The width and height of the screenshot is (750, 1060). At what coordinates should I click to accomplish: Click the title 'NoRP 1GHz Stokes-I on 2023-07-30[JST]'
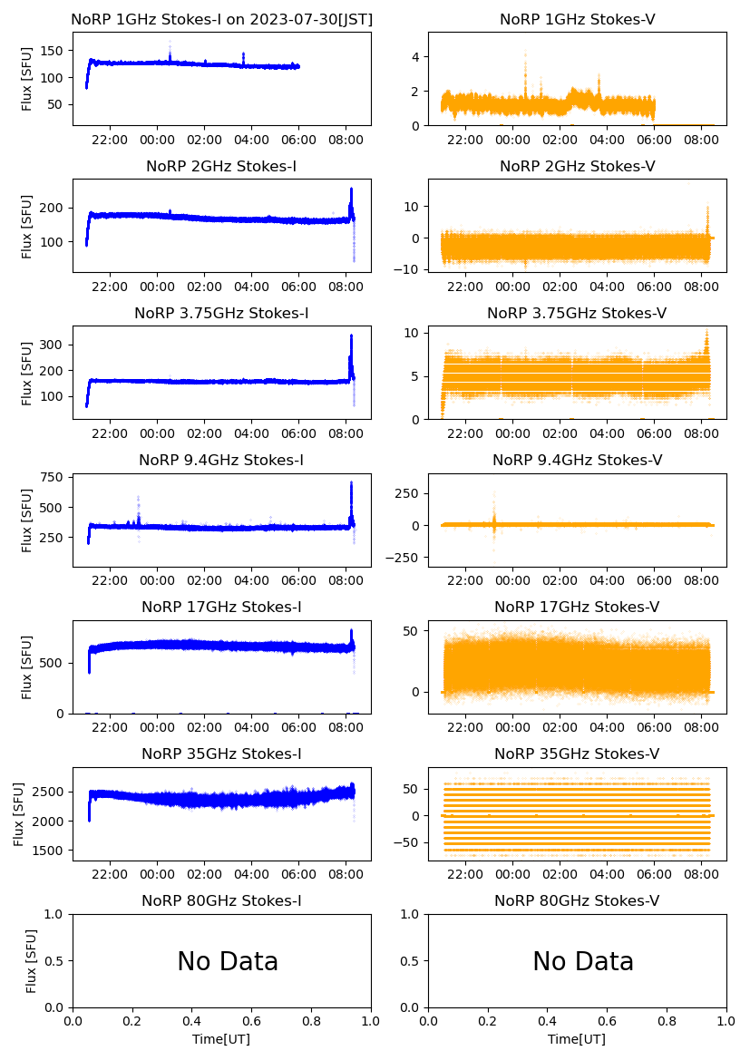pyautogui.click(x=221, y=19)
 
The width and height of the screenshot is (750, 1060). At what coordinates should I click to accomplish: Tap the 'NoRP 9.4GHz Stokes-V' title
pyautogui.click(x=577, y=461)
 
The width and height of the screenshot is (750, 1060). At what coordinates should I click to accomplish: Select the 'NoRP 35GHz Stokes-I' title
pyautogui.click(x=221, y=754)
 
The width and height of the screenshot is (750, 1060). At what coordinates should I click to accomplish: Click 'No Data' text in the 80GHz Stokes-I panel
pyautogui.click(x=228, y=962)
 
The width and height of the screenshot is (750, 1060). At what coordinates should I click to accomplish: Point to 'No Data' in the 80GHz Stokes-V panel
pyautogui.click(x=583, y=962)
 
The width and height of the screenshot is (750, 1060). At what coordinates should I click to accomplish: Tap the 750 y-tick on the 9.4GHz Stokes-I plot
pyautogui.click(x=54, y=477)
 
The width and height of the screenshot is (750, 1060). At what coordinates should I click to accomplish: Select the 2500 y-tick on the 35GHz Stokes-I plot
pyautogui.click(x=51, y=793)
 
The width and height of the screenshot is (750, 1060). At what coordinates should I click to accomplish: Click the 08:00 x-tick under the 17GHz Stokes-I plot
pyautogui.click(x=346, y=727)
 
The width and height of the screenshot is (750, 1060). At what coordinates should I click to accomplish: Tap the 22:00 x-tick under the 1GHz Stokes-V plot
pyautogui.click(x=465, y=140)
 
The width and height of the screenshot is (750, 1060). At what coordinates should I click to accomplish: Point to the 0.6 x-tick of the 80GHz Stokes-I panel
pyautogui.click(x=252, y=1021)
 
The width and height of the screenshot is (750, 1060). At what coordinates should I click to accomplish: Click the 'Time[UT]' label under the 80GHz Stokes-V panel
pyautogui.click(x=577, y=1039)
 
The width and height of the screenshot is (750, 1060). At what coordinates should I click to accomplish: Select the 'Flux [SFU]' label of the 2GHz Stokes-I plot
pyautogui.click(x=27, y=226)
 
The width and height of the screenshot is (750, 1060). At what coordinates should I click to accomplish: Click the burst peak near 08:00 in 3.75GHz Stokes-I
pyautogui.click(x=351, y=336)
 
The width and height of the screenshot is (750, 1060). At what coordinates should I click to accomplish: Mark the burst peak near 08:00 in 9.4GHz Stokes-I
pyautogui.click(x=351, y=482)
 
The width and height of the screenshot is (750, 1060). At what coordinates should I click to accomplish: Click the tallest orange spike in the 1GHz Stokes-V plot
pyautogui.click(x=525, y=54)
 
